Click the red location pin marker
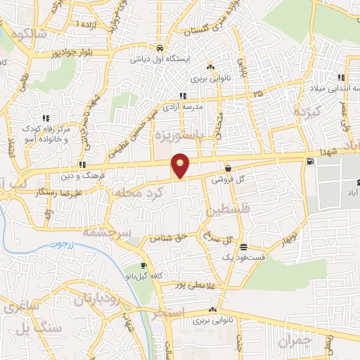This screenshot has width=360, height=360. pos(181,165)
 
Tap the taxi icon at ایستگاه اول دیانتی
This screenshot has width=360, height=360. pos(161,49)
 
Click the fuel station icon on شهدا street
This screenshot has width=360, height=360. pos(310,162)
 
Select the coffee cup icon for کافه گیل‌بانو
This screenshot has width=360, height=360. pos(144,265)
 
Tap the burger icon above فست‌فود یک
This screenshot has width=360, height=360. pos(243,247)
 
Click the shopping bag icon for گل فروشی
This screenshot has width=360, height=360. pos(229,168)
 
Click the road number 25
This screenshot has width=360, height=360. pos(258,93)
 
